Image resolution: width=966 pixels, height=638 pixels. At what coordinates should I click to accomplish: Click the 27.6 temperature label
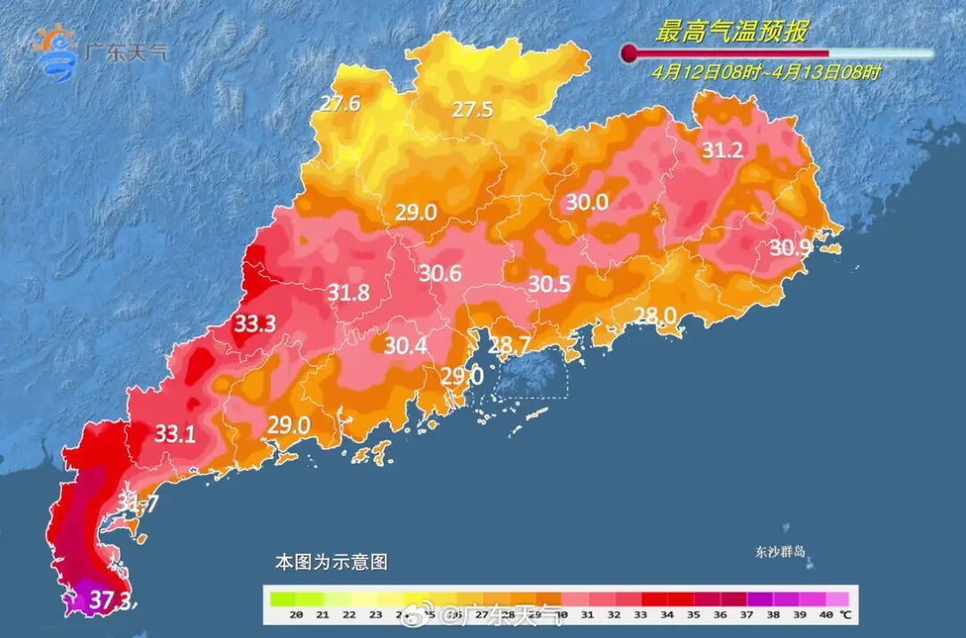(340, 104)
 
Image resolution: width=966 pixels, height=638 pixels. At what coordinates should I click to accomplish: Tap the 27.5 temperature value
(472, 110)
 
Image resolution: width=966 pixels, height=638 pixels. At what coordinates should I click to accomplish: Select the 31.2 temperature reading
(722, 151)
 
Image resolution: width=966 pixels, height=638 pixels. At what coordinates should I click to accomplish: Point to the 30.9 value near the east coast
(791, 248)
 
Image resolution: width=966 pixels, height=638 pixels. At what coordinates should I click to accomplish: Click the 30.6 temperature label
(440, 274)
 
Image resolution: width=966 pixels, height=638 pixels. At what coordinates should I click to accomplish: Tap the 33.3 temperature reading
(255, 324)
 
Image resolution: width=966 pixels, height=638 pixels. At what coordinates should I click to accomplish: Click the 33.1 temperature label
(175, 435)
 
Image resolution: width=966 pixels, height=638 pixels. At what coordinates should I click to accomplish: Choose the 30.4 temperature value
(405, 345)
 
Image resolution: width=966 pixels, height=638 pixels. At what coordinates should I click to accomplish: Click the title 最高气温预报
(732, 33)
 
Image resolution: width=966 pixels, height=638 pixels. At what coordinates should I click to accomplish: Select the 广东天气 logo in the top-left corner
(98, 48)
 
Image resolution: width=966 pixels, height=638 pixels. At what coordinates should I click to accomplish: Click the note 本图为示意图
(330, 562)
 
